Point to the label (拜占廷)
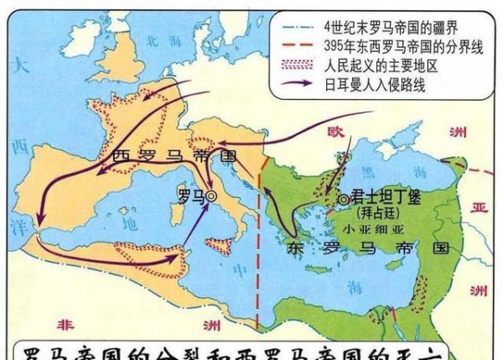pyautogui.click(x=376, y=213)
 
